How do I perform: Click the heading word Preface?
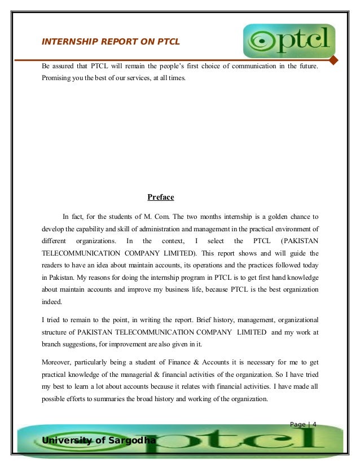[x=161, y=197]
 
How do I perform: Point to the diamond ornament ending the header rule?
[x=333, y=60]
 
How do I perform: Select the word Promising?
[x=56, y=77]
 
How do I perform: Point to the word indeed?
[x=52, y=302]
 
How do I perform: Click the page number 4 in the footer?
[x=314, y=424]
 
